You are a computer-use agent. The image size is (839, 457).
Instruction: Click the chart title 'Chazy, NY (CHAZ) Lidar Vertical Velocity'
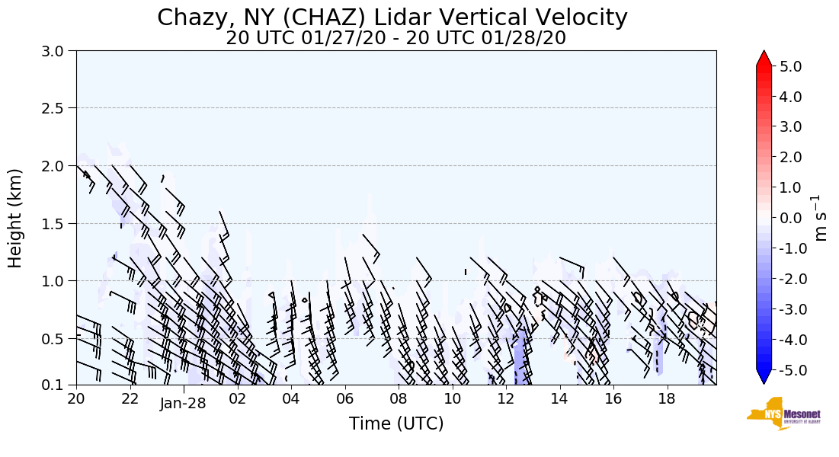point(392,18)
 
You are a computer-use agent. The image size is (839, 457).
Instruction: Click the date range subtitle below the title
point(395,38)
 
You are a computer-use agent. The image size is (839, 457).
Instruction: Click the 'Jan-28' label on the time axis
point(183,404)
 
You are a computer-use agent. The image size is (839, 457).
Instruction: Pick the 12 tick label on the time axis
point(506,398)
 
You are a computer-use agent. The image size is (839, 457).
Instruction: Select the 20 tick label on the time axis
point(76,398)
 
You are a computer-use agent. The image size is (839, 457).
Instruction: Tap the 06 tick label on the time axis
point(344,398)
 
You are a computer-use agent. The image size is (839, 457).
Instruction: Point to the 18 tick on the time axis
point(667,398)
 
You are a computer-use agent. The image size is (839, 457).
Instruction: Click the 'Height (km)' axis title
point(15,218)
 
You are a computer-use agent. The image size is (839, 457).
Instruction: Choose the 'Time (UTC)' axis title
point(396,423)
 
